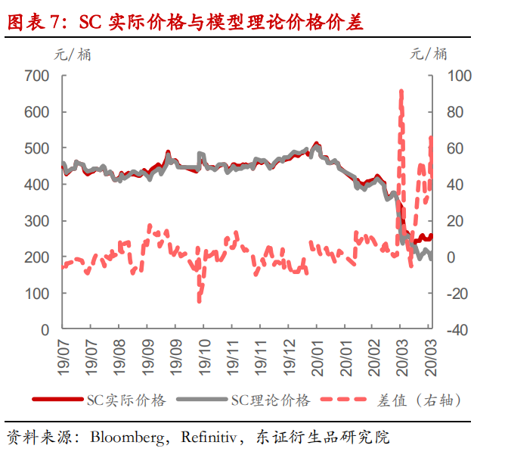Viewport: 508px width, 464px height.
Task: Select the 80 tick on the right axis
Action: [x=457, y=112]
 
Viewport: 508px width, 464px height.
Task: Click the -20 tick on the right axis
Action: [x=459, y=294]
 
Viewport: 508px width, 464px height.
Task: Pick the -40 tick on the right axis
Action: [x=459, y=330]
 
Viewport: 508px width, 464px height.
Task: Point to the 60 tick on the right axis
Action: [x=457, y=148]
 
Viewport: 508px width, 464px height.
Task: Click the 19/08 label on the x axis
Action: [x=119, y=353]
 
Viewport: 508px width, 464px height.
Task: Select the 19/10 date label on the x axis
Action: [x=203, y=353]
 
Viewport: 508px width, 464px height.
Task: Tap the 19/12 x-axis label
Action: [x=288, y=353]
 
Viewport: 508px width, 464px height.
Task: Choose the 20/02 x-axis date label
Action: [x=373, y=353]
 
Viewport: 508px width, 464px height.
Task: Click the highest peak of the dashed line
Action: [x=401, y=91]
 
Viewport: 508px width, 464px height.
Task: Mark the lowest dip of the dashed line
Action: [x=200, y=301]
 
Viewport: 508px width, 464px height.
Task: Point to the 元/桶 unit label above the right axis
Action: [x=429, y=53]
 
